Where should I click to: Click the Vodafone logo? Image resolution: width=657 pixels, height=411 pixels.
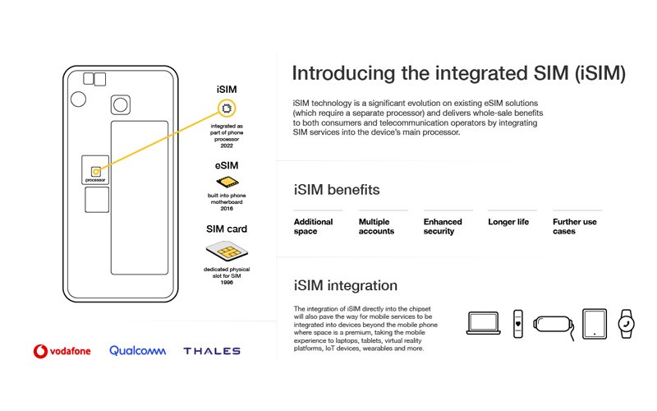(x=62, y=351)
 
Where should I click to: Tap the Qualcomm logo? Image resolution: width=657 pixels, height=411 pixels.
(x=138, y=351)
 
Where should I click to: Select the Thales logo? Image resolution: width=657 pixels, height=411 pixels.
(x=212, y=351)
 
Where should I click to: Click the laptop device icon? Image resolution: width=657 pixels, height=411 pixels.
(x=483, y=324)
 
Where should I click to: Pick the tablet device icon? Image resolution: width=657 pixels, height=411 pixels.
(x=594, y=323)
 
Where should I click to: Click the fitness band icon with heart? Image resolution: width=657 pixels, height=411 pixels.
(x=517, y=323)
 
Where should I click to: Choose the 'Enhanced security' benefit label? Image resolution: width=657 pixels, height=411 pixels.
(x=443, y=227)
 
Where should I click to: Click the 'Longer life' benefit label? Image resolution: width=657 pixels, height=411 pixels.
(x=508, y=222)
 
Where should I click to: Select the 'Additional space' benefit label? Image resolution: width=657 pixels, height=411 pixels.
(x=314, y=227)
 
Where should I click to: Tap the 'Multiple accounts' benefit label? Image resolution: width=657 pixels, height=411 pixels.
(x=377, y=227)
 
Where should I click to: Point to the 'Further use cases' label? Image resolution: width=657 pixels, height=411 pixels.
(x=575, y=227)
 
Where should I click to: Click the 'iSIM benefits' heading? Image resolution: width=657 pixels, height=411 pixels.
(x=337, y=190)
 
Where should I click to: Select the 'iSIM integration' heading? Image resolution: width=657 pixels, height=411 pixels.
(x=346, y=286)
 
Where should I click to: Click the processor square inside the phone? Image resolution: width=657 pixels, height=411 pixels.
(x=96, y=170)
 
